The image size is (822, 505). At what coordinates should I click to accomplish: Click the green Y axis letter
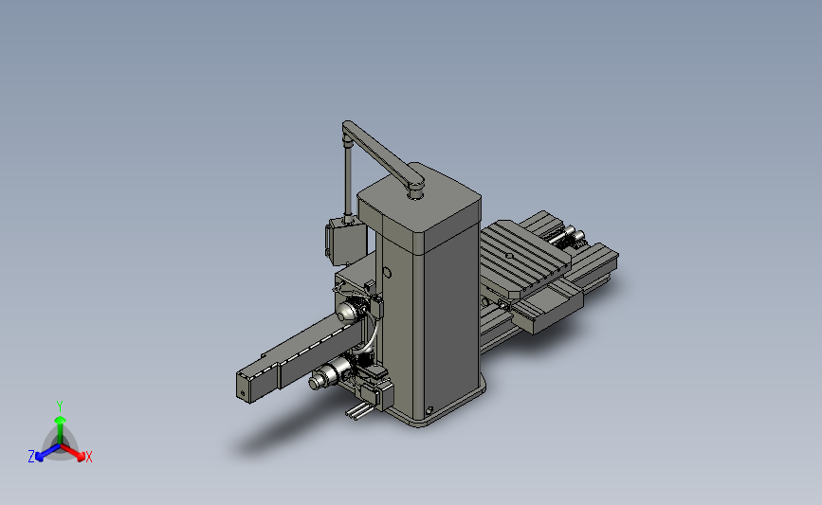pos(60,406)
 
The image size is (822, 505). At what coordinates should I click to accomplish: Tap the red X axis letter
pos(88,457)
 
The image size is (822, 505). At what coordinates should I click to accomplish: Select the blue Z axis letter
pos(31,457)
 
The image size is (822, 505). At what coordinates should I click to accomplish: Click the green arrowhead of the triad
pos(61,420)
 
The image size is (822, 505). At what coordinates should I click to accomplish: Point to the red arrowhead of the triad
pos(81,457)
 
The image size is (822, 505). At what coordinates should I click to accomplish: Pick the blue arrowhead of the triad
pos(40,457)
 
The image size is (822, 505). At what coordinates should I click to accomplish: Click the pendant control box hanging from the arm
pos(345,241)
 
